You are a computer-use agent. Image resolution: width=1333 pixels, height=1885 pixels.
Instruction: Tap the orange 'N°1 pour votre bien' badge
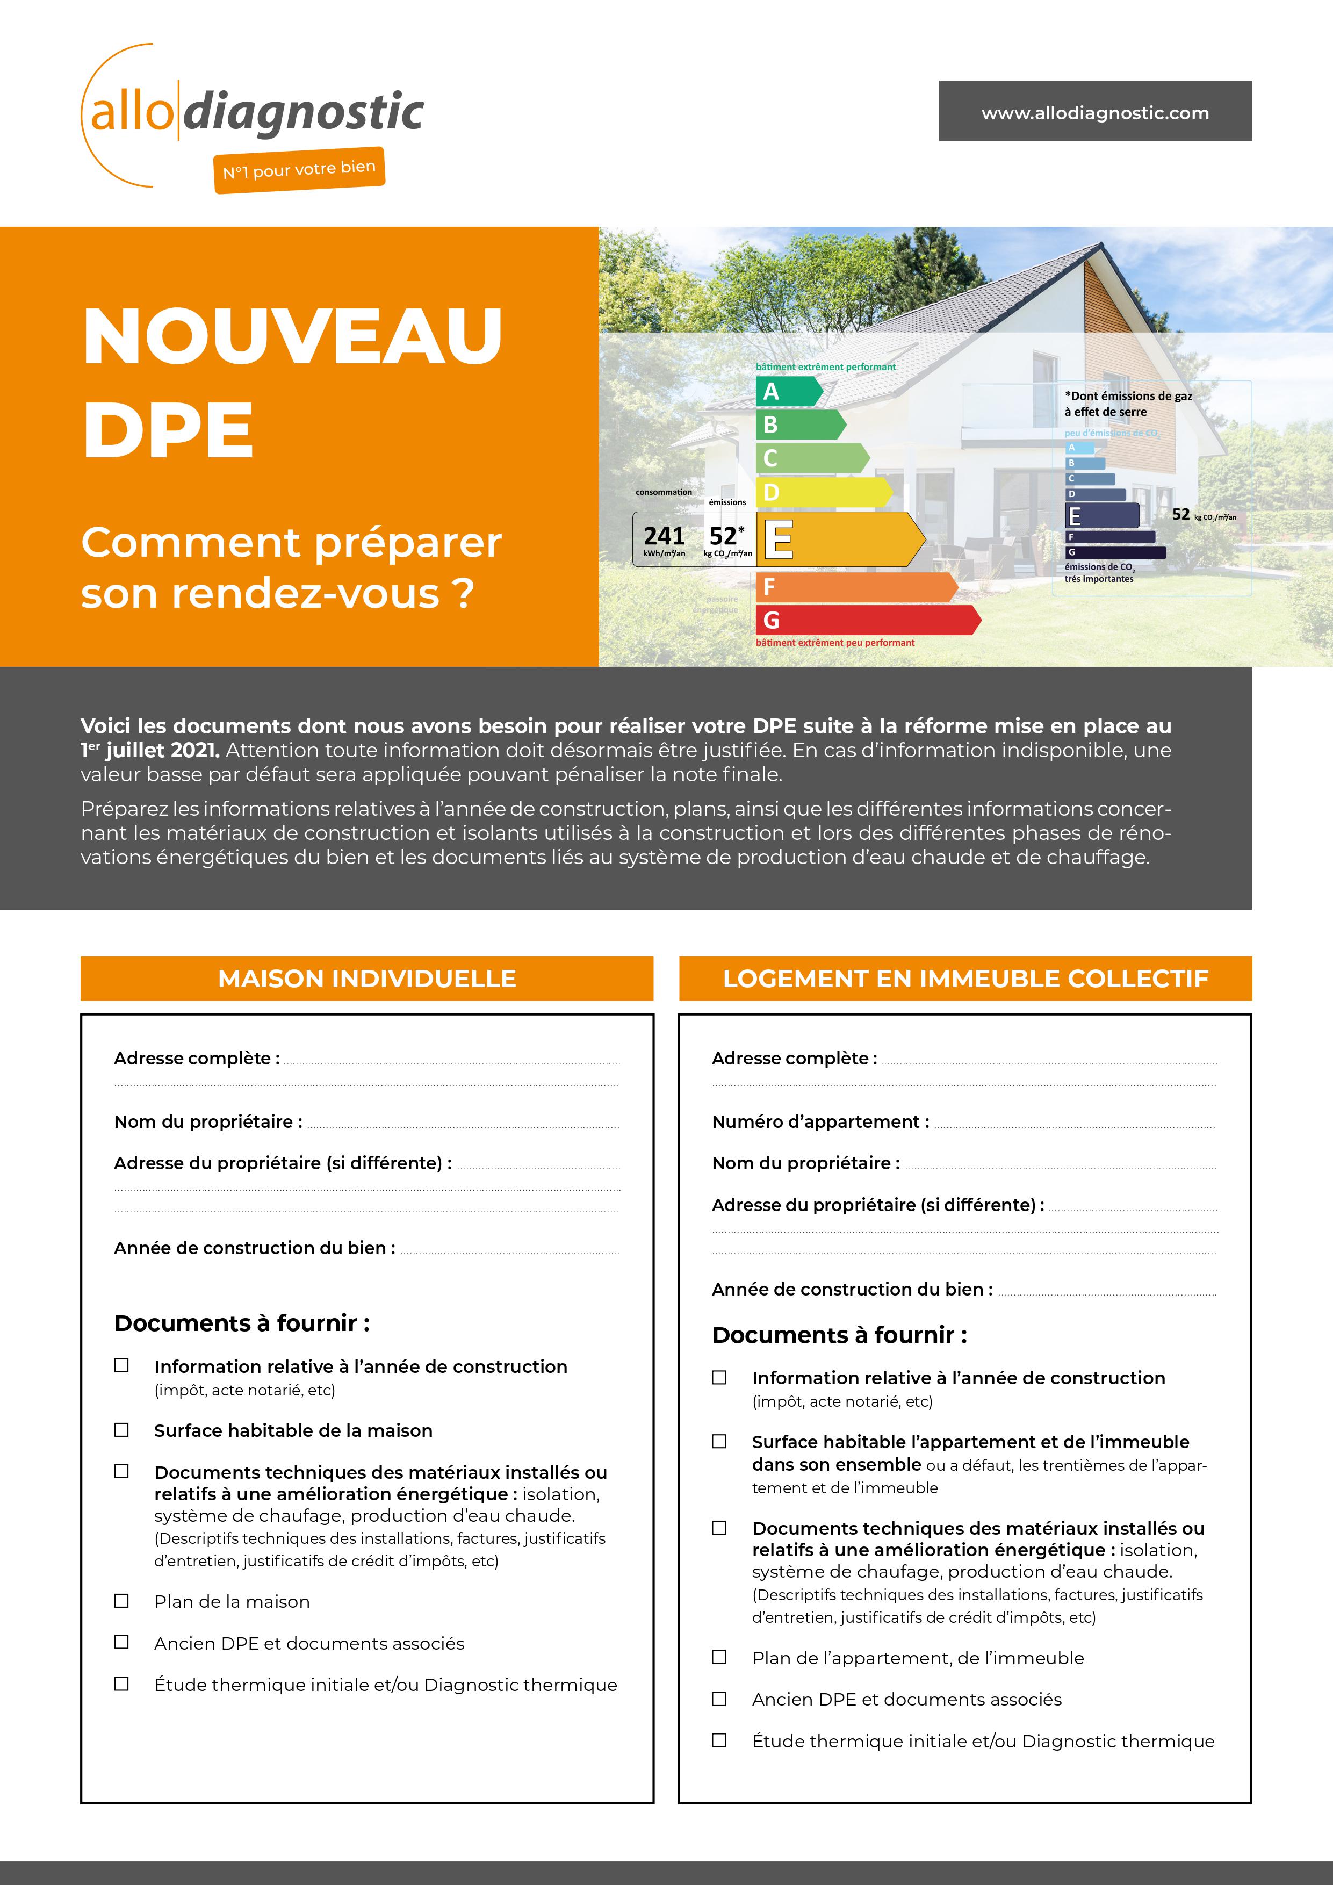299,170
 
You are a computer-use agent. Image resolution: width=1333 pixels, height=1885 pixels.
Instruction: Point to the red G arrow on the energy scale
866,620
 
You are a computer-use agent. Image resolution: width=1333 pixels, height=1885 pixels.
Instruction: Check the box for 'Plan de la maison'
121,1601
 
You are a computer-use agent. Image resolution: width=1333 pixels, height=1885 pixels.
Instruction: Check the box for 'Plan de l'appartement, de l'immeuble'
719,1657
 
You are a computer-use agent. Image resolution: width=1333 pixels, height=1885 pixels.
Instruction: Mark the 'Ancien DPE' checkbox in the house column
121,1642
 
